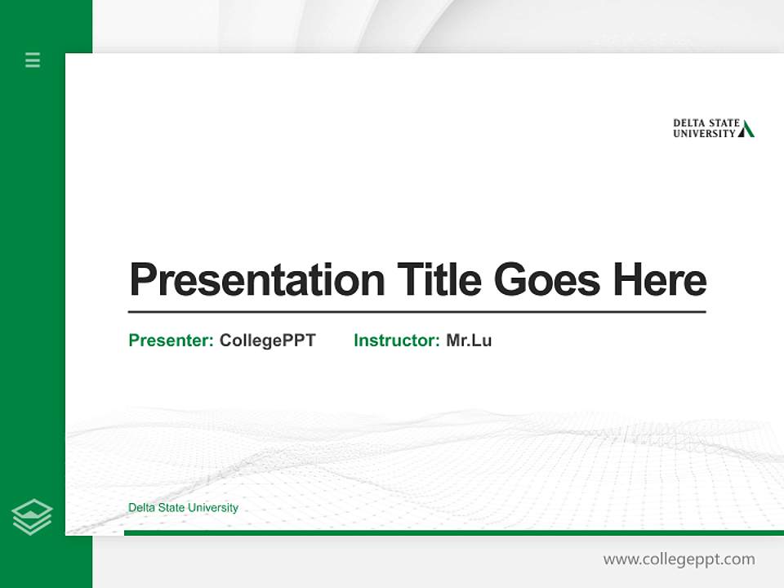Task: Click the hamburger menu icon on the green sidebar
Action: tap(33, 60)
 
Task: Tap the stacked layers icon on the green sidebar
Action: tap(32, 517)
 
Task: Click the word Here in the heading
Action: tap(660, 279)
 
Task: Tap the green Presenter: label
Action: tap(171, 341)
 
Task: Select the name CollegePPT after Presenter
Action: tap(267, 341)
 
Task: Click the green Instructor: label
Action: tap(397, 341)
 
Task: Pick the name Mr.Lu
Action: tap(469, 341)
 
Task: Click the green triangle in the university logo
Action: tap(746, 129)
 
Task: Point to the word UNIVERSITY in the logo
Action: tap(704, 134)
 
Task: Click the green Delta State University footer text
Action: tap(183, 508)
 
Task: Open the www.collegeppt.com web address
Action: tap(679, 559)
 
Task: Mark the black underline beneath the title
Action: tap(416, 311)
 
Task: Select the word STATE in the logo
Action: tap(724, 123)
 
